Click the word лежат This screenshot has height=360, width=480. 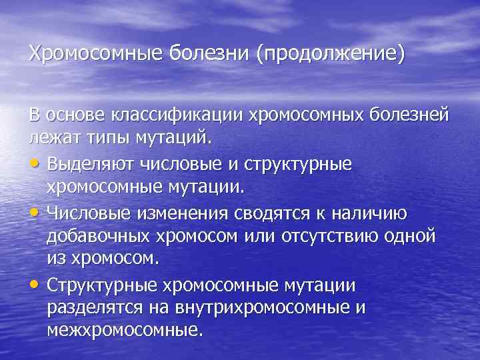(51, 139)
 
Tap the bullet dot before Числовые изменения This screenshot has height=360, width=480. (35, 213)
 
